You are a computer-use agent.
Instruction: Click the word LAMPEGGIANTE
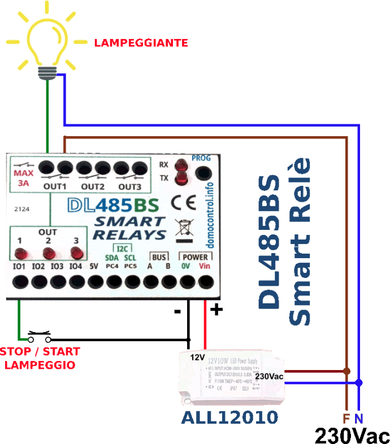click(x=141, y=43)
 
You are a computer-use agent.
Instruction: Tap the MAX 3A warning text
click(x=24, y=178)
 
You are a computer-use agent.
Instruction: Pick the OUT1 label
click(x=56, y=187)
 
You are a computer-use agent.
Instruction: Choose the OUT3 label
click(x=129, y=187)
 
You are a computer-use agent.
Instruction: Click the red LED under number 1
click(x=21, y=253)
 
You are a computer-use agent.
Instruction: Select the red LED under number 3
click(x=76, y=253)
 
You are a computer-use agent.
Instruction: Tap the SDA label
click(x=112, y=258)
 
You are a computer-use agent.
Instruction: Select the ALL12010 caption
click(x=229, y=418)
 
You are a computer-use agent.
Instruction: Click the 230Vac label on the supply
click(x=269, y=376)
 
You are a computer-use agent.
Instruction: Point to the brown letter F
click(x=346, y=419)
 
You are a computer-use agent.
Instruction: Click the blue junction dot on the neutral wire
click(x=359, y=382)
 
